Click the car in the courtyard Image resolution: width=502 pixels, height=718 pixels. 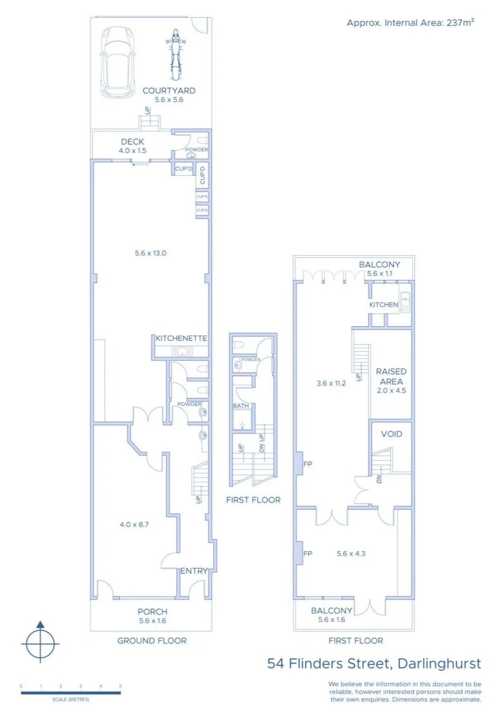[x=119, y=62]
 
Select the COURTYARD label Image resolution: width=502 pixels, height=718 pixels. [x=169, y=91]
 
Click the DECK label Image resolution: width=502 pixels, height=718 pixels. [x=132, y=142]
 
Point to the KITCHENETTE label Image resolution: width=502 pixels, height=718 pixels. [x=182, y=339]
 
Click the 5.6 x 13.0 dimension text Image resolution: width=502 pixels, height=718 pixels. [x=150, y=253]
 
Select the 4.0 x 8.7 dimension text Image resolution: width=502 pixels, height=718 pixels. [x=134, y=524]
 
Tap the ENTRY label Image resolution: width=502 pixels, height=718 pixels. [x=194, y=571]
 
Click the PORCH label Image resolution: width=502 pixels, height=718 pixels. [x=152, y=611]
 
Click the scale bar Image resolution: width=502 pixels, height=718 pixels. [x=71, y=693]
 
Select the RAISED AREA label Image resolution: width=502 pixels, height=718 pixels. [x=391, y=376]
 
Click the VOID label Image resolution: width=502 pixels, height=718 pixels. [x=391, y=434]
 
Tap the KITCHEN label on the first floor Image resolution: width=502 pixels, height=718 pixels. [x=383, y=305]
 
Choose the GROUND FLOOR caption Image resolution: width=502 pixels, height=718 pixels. [x=152, y=641]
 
